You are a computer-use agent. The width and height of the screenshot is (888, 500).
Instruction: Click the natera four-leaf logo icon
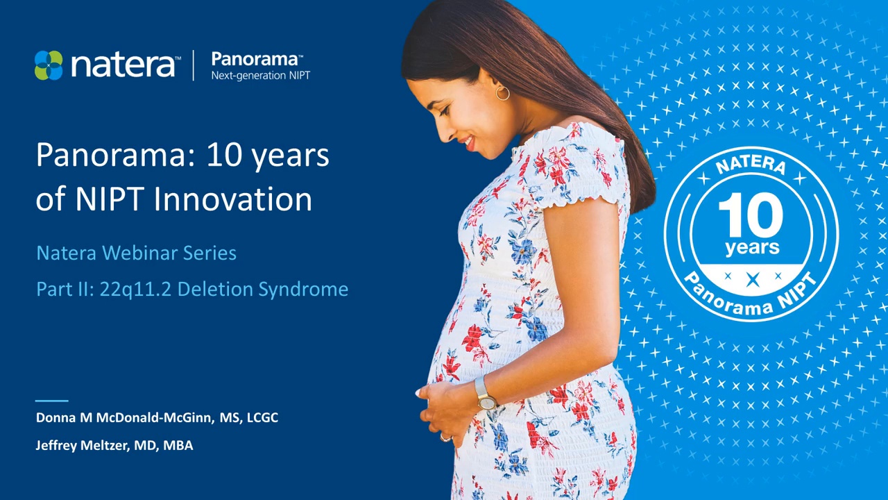coord(49,65)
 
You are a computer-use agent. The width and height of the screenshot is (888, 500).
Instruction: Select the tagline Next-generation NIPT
coord(260,76)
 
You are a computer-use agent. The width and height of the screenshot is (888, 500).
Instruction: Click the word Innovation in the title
coord(232,199)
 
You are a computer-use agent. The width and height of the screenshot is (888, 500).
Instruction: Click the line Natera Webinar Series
coord(136,253)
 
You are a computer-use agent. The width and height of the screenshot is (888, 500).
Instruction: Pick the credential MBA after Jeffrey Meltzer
coord(178,446)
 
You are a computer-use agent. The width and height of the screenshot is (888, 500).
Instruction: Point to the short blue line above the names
coord(52,401)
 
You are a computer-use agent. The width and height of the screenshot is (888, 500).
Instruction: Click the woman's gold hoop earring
coord(502,92)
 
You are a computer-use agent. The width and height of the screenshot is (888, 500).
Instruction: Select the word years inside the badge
coord(751,248)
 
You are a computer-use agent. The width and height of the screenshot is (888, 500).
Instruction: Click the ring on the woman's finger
coord(444,437)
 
